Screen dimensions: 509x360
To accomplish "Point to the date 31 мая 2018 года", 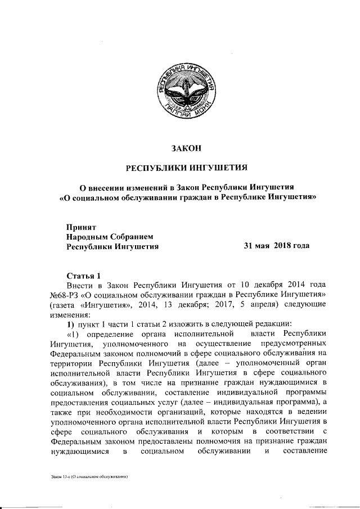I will (x=276, y=246).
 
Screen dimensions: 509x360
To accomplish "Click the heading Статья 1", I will (x=84, y=276).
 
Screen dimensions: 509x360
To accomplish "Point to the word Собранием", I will (x=132, y=237).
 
